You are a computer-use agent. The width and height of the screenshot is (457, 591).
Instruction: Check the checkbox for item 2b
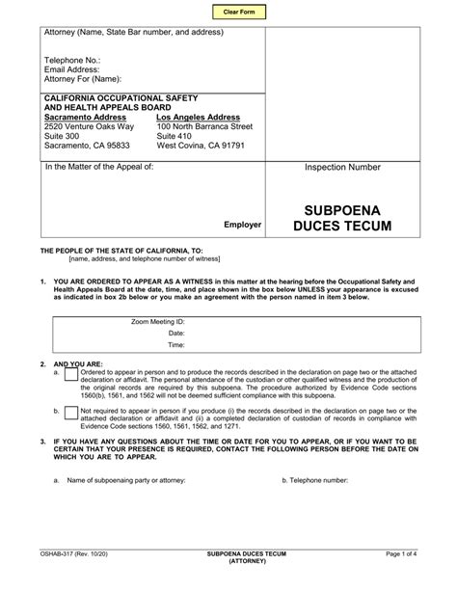(x=71, y=412)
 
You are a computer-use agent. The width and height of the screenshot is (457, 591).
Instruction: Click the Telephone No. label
(x=72, y=60)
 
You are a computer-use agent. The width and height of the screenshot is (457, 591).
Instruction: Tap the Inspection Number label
(x=342, y=167)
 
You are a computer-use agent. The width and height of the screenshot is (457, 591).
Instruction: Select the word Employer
(x=243, y=225)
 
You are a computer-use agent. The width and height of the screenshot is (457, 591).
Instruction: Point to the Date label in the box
(x=175, y=331)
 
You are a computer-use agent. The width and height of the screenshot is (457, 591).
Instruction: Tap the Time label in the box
(x=175, y=343)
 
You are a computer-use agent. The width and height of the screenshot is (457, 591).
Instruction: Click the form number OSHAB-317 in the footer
(x=58, y=554)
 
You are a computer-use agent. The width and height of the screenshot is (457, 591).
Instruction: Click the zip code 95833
(x=115, y=146)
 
